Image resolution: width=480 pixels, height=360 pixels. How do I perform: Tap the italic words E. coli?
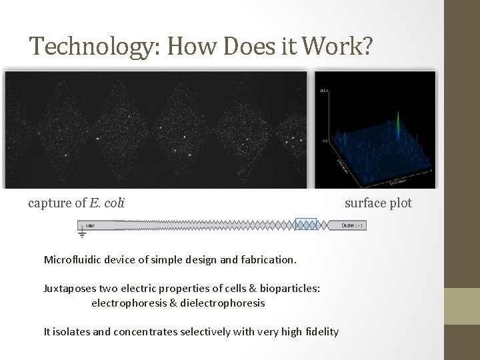pyautogui.click(x=107, y=203)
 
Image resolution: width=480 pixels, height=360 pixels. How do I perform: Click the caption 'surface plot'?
pyautogui.click(x=378, y=203)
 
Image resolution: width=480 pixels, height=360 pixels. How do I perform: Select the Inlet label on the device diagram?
pyautogui.click(x=90, y=225)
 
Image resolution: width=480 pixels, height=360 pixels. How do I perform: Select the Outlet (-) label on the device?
pyautogui.click(x=352, y=225)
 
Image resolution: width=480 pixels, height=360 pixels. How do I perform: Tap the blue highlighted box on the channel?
pyautogui.click(x=306, y=225)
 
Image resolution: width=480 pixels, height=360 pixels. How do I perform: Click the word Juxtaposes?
pyautogui.click(x=69, y=289)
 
